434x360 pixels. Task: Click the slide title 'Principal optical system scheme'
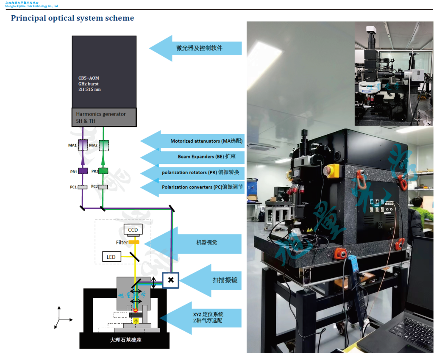tap(72, 18)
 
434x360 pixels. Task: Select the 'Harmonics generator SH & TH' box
tap(104, 117)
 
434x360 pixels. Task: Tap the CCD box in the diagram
tap(133, 230)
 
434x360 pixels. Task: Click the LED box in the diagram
tap(111, 257)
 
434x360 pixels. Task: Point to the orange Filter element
tap(134, 242)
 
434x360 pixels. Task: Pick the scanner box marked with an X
tap(171, 280)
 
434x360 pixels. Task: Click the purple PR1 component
tap(83, 171)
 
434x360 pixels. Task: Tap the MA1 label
tap(72, 145)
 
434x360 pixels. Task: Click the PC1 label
tap(73, 187)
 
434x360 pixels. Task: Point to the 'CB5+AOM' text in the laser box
tap(89, 78)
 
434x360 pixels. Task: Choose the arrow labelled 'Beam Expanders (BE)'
tap(193, 157)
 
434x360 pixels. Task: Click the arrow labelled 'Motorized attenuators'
tap(193, 141)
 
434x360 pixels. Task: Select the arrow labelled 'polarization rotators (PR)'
tap(193, 173)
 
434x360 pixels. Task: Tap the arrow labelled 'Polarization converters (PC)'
tap(193, 187)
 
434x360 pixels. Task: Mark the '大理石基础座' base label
tap(125, 340)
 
